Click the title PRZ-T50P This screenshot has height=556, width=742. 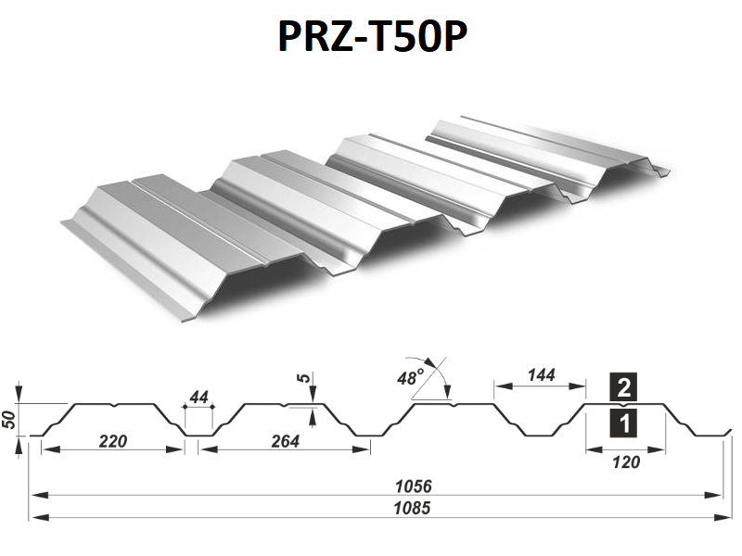[x=373, y=36]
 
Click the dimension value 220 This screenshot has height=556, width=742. [x=113, y=441]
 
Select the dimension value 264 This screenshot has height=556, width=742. [x=286, y=441]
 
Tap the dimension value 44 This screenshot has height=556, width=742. [x=198, y=398]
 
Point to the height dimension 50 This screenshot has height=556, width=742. [x=10, y=420]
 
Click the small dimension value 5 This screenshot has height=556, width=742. [x=304, y=377]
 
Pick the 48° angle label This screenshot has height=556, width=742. [x=410, y=378]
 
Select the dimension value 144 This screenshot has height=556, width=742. [x=541, y=375]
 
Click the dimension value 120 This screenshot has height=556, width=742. [x=626, y=461]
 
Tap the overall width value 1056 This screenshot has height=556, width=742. [x=414, y=486]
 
